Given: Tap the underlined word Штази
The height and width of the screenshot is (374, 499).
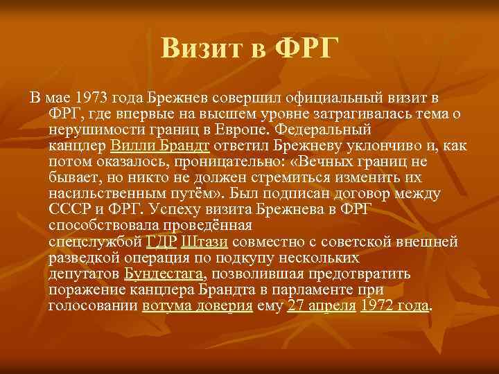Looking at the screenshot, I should pos(205,242).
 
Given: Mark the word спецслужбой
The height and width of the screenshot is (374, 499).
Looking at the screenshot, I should pos(96,242).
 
